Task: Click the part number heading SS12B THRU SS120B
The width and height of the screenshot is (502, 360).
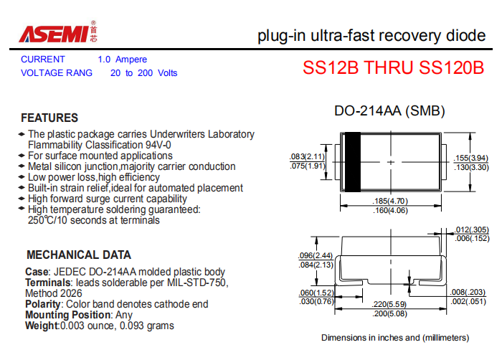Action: [x=393, y=67]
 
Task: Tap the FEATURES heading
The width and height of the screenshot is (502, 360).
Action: [x=49, y=118]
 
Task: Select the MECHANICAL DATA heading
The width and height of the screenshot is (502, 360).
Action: [x=79, y=255]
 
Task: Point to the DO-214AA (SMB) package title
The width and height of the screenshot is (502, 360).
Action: [x=389, y=111]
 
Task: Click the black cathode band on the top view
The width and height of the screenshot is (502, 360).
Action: [x=353, y=162]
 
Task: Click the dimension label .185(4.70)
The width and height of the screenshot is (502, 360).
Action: [x=390, y=201]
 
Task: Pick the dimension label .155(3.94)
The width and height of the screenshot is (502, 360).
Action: [x=471, y=158]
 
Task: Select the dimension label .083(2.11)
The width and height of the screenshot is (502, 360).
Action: [x=307, y=156]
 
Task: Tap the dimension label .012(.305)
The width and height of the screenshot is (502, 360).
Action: [x=472, y=229]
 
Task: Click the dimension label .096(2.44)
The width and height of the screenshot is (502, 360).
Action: [x=316, y=255]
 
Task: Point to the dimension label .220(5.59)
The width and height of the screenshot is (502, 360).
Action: [x=389, y=304]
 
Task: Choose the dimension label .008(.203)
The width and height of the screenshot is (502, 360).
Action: [x=468, y=292]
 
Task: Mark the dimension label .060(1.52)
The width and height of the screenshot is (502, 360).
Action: [x=316, y=293]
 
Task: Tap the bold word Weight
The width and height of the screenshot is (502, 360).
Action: [x=42, y=326]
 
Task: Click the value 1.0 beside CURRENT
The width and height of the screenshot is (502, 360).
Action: [x=104, y=60]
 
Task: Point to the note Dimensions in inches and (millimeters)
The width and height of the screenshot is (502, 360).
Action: [x=395, y=338]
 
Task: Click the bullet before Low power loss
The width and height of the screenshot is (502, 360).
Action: [x=22, y=177]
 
